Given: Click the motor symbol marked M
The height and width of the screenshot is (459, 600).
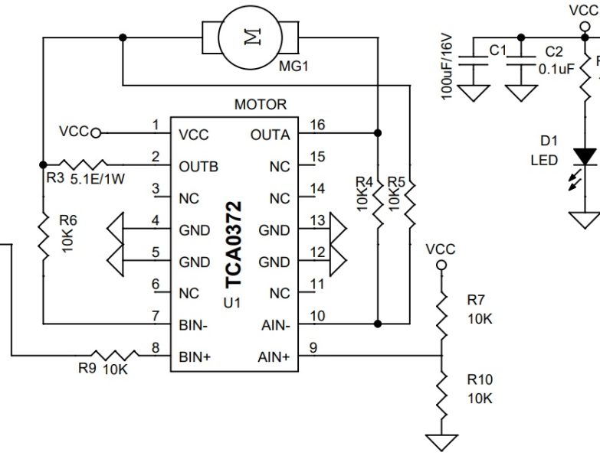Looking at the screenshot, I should tap(250, 35).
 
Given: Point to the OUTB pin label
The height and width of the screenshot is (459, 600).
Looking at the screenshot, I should tap(198, 166).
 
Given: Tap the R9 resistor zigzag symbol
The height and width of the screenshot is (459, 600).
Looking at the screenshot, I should tap(115, 355).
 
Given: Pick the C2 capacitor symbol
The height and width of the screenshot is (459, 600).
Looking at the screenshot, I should tap(523, 65).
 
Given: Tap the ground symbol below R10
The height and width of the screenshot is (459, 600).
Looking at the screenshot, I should tap(441, 442).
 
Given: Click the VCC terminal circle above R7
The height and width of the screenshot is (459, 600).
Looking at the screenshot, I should tap(441, 265).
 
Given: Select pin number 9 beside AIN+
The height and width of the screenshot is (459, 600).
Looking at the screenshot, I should tap(312, 347).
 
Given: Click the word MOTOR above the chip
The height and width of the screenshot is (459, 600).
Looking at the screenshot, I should tap(261, 105).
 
